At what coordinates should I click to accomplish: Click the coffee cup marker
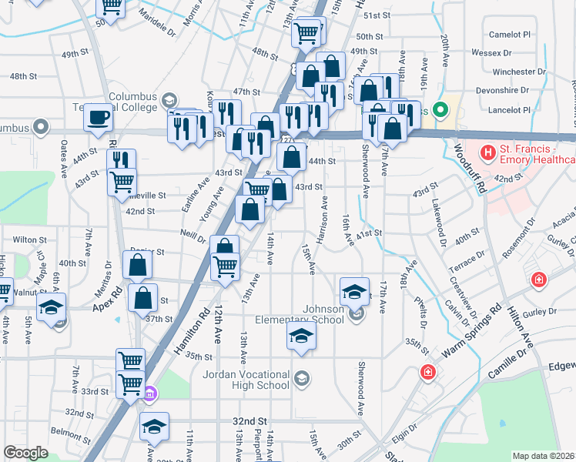[99, 118]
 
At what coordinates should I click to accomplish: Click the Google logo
[25, 453]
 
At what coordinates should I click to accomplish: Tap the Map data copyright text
[544, 456]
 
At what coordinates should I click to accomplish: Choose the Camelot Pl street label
[511, 35]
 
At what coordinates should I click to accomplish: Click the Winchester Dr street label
[519, 72]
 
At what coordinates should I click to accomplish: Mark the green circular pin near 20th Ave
[440, 109]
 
